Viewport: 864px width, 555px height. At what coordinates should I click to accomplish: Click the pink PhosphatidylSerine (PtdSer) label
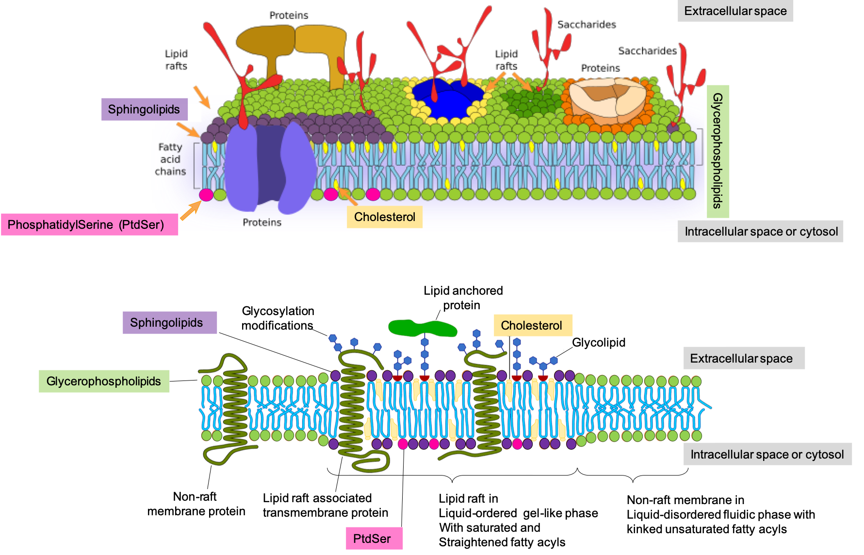[x=89, y=224]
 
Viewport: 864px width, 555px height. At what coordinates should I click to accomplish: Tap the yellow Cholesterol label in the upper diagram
[x=384, y=217]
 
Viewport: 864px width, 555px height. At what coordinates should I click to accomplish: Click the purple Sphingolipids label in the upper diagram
[x=144, y=110]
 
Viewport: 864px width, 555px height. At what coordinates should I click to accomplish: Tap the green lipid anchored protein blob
[x=422, y=328]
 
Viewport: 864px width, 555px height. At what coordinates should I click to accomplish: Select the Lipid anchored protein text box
[x=462, y=298]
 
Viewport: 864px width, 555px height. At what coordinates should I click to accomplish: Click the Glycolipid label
[x=599, y=342]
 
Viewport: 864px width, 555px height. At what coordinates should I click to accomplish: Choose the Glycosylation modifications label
[x=277, y=318]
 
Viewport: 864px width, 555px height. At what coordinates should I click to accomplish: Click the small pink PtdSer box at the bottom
[x=374, y=539]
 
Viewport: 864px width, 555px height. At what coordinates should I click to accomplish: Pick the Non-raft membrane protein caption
[x=196, y=504]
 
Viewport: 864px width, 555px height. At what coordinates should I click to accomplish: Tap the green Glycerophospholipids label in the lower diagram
[x=104, y=381]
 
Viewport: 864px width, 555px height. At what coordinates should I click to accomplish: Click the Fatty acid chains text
[x=170, y=159]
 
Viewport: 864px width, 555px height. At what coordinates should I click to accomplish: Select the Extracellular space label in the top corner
[x=735, y=11]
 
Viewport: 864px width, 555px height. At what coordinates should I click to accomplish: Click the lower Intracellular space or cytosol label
[x=767, y=454]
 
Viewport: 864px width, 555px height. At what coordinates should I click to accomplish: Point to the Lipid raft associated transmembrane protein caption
[x=324, y=505]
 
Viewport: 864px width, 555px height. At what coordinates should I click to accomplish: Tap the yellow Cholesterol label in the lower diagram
[x=532, y=325]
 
